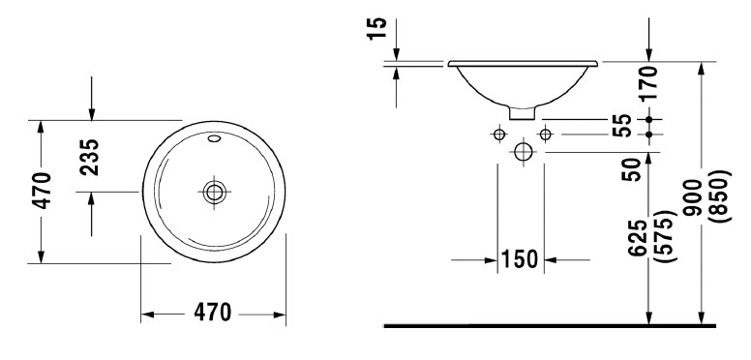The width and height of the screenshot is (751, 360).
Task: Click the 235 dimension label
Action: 90,158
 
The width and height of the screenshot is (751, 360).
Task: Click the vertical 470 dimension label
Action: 42,191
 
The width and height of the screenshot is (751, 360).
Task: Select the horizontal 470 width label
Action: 213,313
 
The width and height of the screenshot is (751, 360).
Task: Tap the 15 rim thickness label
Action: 377,29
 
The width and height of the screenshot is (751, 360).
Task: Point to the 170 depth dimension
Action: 649,83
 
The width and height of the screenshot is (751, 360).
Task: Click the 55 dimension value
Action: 622,126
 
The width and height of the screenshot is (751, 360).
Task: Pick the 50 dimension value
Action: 632,170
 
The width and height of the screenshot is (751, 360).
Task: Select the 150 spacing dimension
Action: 520,259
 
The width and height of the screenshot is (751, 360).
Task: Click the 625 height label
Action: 639,238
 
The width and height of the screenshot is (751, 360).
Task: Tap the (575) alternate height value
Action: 666,236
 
